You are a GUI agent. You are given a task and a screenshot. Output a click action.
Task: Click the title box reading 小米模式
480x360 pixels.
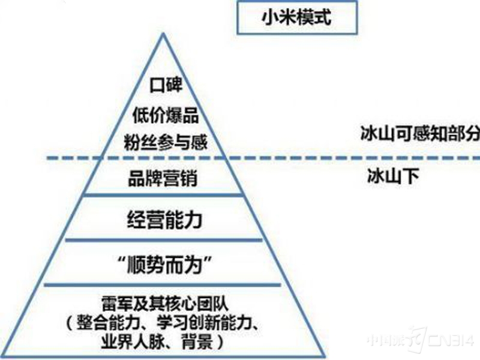pyautogui.click(x=297, y=17)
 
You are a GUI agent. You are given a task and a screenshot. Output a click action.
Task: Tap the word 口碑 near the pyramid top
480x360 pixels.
pyautogui.click(x=166, y=85)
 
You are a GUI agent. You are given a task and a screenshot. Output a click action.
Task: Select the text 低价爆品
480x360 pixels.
pyautogui.click(x=166, y=115)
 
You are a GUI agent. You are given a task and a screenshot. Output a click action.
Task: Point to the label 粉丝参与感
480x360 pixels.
pyautogui.click(x=166, y=142)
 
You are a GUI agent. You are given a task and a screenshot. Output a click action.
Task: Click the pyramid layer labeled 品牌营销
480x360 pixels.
pyautogui.click(x=163, y=178)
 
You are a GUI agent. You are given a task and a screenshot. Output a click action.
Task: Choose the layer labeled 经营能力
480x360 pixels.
pyautogui.click(x=164, y=220)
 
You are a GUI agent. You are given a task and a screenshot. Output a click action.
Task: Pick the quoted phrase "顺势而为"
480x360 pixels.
pyautogui.click(x=166, y=265)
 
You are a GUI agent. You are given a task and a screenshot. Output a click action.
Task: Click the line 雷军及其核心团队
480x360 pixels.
pyautogui.click(x=166, y=304)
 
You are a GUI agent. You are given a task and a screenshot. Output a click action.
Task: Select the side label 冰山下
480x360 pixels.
pyautogui.click(x=393, y=176)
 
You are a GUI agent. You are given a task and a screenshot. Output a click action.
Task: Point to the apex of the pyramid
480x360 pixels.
pyautogui.click(x=163, y=33)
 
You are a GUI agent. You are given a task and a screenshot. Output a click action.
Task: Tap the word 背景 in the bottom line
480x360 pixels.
pyautogui.click(x=197, y=341)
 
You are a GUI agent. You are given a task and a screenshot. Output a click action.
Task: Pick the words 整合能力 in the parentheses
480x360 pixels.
pyautogui.click(x=109, y=322)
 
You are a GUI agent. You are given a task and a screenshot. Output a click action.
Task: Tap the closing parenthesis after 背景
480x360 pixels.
pyautogui.click(x=221, y=341)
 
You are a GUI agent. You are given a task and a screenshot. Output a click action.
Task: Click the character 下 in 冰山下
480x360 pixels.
pyautogui.click(x=410, y=176)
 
